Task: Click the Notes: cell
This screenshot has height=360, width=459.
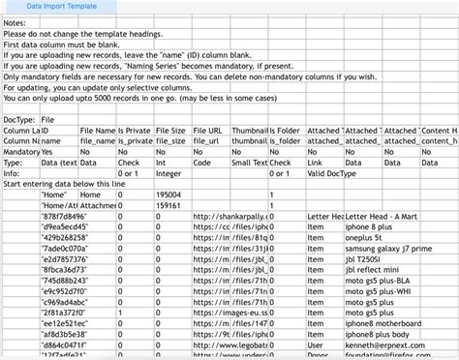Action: click(x=18, y=24)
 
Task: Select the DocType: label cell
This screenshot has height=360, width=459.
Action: click(x=19, y=118)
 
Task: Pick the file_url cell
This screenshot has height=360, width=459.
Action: click(x=208, y=140)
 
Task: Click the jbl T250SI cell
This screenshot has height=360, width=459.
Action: click(x=366, y=260)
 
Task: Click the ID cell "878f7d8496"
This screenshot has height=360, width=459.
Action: click(x=60, y=217)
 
